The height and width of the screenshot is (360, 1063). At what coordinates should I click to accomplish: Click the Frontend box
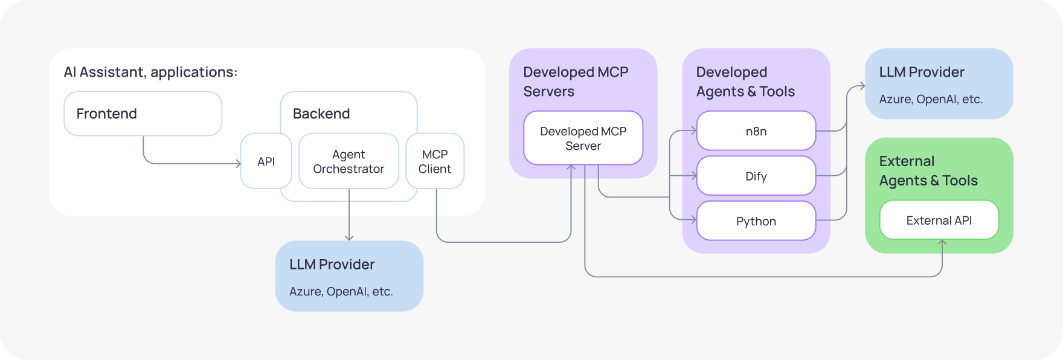coord(143,114)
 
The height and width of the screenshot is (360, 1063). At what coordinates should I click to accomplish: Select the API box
coord(266,161)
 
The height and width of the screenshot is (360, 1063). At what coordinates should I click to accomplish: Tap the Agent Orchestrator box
coord(348,161)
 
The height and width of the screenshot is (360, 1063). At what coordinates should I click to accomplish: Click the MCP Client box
coord(435,161)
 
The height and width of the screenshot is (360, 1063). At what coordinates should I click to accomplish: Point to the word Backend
coord(321,114)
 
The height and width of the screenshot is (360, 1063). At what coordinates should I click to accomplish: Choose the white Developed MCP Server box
coord(583,138)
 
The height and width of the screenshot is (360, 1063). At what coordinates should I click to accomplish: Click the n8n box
coord(756,131)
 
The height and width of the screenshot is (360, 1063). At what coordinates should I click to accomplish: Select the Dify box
coord(756,176)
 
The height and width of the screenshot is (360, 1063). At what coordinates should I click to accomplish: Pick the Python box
coord(756,221)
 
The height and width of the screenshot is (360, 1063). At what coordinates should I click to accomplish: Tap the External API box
coord(939,220)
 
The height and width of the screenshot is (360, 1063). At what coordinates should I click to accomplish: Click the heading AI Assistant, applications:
coord(150,72)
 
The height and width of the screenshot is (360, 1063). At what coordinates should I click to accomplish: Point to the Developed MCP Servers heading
coord(575,82)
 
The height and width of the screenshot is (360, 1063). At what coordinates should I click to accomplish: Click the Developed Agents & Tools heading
coord(745,82)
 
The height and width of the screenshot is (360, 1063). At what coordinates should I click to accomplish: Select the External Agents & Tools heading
coord(928,171)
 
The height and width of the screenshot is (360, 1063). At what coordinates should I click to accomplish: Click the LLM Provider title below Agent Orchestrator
coord(332,265)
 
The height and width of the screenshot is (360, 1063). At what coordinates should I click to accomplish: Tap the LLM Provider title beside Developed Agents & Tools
coord(921,72)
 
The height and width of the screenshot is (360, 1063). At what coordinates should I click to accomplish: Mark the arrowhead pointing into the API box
coord(239,164)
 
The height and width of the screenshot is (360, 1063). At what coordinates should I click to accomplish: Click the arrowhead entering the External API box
coord(942,242)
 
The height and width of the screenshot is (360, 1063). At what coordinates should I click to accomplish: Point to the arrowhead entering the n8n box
coord(694,131)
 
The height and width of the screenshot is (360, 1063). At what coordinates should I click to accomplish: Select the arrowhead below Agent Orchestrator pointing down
coord(348,238)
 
